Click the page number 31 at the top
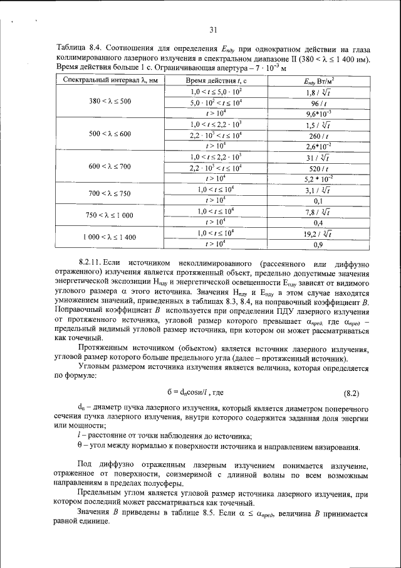(x=212, y=29)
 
